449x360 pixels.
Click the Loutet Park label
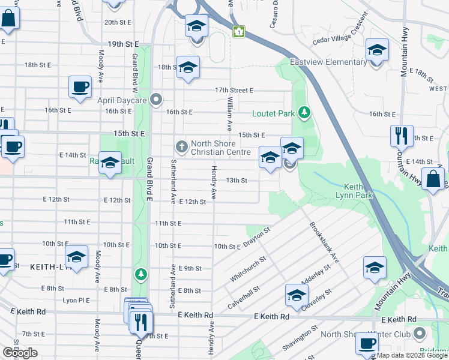tap(274, 113)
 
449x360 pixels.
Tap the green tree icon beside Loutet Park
tap(304, 112)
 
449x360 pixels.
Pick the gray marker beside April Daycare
tap(157, 99)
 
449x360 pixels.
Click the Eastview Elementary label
tap(328, 62)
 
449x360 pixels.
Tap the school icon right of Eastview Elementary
tap(377, 50)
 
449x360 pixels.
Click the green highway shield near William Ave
tap(239, 31)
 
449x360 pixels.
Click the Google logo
tap(20, 353)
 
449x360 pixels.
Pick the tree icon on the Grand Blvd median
tap(141, 274)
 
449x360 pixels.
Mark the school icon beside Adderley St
tap(296, 295)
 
